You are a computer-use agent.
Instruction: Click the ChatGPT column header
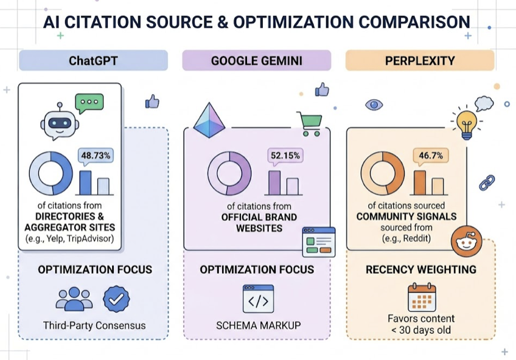point(94,60)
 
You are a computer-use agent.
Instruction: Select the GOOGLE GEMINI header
point(257,60)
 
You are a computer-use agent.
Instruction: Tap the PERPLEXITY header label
point(420,60)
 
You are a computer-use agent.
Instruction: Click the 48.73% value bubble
point(96,156)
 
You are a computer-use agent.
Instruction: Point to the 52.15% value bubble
point(285,156)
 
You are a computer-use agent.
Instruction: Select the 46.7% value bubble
point(431,156)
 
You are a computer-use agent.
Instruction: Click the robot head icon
point(60,121)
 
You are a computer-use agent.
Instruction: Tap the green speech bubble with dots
point(89,103)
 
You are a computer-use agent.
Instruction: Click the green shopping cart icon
point(309,124)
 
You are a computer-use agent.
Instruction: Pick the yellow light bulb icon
point(467,124)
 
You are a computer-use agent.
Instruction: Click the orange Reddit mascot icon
point(467,241)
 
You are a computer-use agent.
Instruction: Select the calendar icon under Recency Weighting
point(422,297)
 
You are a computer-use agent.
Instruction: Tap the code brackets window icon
point(259,299)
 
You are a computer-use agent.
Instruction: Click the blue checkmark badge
point(116,299)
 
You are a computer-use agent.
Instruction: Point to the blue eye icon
point(374,105)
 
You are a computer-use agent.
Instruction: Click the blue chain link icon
point(487,183)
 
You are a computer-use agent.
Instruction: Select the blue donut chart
point(51,173)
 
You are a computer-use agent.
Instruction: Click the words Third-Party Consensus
point(94,325)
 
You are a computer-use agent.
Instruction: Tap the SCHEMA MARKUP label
point(259,325)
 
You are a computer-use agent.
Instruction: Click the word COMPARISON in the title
point(414,22)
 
